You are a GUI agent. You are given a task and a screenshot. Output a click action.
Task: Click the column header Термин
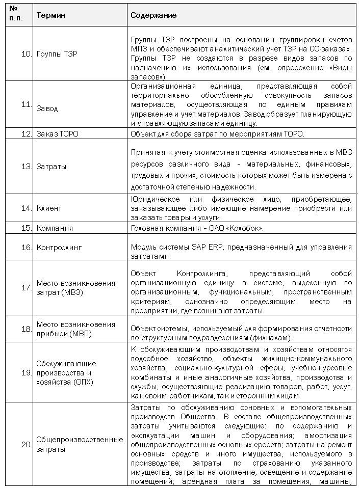[x=48, y=15]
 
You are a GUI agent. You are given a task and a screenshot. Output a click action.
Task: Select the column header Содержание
[x=153, y=15]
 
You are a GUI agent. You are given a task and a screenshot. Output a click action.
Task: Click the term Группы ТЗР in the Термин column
[x=57, y=53]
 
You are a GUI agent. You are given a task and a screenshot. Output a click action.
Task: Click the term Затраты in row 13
[x=51, y=166]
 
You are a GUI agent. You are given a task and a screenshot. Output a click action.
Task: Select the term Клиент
[x=49, y=208]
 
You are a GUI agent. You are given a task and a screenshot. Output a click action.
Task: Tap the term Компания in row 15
[x=55, y=228]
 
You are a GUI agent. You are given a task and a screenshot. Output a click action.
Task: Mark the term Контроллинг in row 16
[x=59, y=248]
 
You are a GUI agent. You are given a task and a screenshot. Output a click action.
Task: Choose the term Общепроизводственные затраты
[x=79, y=444]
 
